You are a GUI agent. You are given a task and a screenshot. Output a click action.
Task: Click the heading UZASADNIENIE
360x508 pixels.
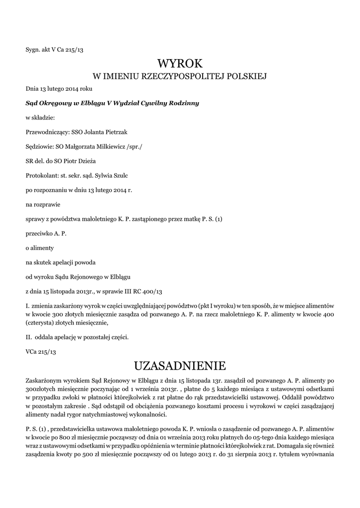pyautogui.click(x=180, y=366)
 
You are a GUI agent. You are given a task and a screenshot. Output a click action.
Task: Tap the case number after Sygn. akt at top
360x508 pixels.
pyautogui.click(x=71, y=50)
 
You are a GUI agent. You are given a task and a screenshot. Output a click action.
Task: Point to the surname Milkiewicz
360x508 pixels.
pyautogui.click(x=107, y=146)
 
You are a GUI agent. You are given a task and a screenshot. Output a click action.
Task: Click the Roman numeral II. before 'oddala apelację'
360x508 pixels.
pyautogui.click(x=29, y=337)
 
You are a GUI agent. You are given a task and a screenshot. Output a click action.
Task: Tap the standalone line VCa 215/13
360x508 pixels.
pyautogui.click(x=41, y=351)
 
